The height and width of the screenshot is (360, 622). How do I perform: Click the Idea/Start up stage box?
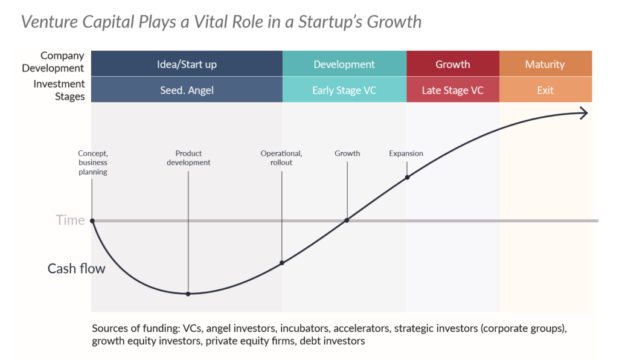click(187, 63)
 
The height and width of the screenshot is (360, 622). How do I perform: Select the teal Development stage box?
click(344, 63)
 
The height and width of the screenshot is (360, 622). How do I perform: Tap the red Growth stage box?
click(453, 63)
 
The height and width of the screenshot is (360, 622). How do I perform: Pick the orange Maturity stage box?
click(546, 63)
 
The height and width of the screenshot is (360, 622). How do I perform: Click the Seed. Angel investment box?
click(187, 90)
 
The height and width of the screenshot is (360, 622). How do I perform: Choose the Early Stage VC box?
click(344, 90)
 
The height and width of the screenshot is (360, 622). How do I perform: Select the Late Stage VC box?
click(453, 90)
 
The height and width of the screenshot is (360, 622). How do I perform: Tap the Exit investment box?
click(546, 90)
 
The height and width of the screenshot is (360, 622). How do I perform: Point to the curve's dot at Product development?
click(188, 294)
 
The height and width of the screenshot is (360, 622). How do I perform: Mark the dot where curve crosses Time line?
click(347, 220)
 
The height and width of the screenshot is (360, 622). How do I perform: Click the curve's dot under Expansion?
click(408, 178)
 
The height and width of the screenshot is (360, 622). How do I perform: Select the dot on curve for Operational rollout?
click(281, 263)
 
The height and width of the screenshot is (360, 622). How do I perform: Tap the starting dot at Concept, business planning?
click(92, 220)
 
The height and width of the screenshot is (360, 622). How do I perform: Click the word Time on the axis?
click(70, 220)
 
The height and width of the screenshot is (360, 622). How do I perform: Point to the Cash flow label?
click(77, 269)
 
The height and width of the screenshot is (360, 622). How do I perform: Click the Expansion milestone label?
click(406, 153)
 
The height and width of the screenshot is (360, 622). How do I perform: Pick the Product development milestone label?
click(188, 158)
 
